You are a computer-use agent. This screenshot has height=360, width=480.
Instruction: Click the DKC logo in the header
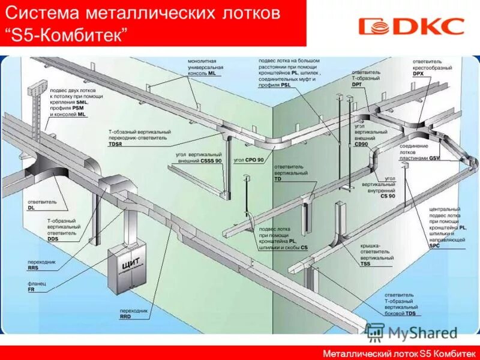[411, 26]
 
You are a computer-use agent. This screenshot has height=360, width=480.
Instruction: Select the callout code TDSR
[116, 145]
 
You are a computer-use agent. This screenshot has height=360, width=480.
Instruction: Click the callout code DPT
[356, 84]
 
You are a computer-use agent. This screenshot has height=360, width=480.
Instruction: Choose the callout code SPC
[434, 246]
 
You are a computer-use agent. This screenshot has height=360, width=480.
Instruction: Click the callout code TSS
[365, 264]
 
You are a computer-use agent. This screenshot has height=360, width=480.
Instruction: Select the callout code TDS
[410, 313]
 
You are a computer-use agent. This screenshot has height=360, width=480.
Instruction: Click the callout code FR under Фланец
[31, 289]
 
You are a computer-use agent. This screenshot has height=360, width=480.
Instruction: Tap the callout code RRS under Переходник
[32, 269]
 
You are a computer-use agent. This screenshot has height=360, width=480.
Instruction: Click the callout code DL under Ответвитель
[31, 208]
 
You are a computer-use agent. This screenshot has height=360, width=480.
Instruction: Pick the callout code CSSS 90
[211, 161]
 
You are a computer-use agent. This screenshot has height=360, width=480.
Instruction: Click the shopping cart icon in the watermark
[375, 332]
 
